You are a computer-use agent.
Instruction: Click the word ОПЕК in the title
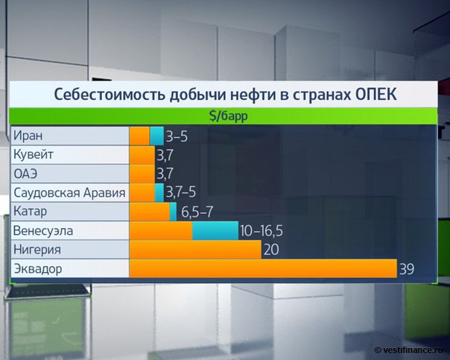pos(376,95)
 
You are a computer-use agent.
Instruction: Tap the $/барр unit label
pos(229,116)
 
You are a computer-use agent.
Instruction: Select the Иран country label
pos(28,136)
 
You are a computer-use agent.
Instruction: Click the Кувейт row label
pos(34,155)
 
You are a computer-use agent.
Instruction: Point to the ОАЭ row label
pos(25,174)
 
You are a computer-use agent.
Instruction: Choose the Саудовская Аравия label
pos(69,192)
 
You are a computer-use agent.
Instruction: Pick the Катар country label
pos(30,212)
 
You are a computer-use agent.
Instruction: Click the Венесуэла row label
pos(43,231)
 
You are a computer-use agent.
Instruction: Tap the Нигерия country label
pos(37,250)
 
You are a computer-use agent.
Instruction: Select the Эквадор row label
pos(38,269)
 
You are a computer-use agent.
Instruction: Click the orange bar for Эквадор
pos(263,269)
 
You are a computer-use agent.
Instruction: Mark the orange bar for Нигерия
pos(195,250)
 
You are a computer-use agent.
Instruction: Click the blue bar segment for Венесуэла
pos(215,230)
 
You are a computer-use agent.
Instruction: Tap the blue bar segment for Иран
pos(156,136)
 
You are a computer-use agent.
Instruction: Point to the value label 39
pos(407,269)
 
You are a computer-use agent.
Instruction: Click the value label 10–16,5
pos(262,231)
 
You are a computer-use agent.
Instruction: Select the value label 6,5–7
pos(197,212)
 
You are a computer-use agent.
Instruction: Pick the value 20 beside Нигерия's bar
pos(271,250)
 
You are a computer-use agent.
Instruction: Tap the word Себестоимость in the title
pos(110,95)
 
